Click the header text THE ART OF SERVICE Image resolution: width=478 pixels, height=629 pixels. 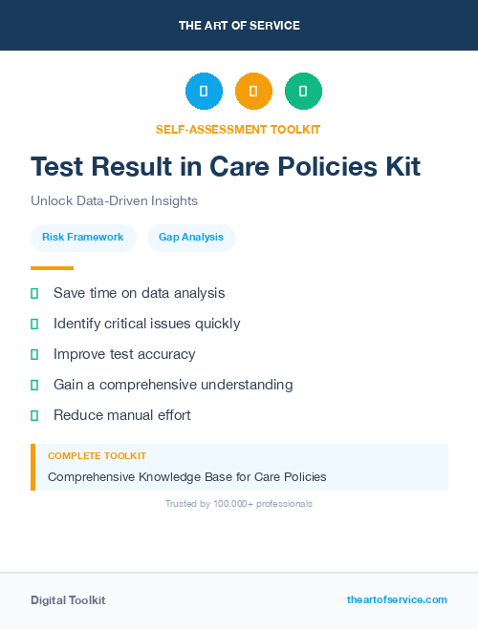pyautogui.click(x=239, y=26)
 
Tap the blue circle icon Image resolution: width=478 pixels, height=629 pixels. pyautogui.click(x=204, y=91)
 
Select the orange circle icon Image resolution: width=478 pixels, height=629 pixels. pyautogui.click(x=253, y=91)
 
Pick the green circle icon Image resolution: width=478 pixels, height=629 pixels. pyautogui.click(x=303, y=91)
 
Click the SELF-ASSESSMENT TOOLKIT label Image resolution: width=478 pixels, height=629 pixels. pyautogui.click(x=238, y=129)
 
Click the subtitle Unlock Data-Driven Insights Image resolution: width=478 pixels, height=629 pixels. pyautogui.click(x=114, y=201)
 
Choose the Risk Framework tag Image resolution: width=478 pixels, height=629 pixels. pyautogui.click(x=82, y=237)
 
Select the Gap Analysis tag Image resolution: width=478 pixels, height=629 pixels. pyautogui.click(x=191, y=237)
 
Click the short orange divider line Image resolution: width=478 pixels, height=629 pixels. pyautogui.click(x=52, y=268)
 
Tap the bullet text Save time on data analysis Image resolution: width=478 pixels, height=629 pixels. pyautogui.click(x=139, y=292)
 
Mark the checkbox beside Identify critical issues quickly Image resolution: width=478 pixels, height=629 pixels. pyautogui.click(x=34, y=324)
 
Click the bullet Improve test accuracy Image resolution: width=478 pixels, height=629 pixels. pyautogui.click(x=124, y=354)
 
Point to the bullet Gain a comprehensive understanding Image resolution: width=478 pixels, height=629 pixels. pyautogui.click(x=173, y=385)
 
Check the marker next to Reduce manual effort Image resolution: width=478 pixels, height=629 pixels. pyautogui.click(x=34, y=415)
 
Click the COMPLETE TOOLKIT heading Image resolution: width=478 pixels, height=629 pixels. pyautogui.click(x=97, y=456)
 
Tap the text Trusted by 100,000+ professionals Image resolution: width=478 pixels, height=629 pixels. pyautogui.click(x=239, y=503)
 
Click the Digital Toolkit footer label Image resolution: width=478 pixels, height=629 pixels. pyautogui.click(x=68, y=600)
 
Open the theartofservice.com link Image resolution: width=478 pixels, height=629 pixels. pyautogui.click(x=397, y=599)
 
